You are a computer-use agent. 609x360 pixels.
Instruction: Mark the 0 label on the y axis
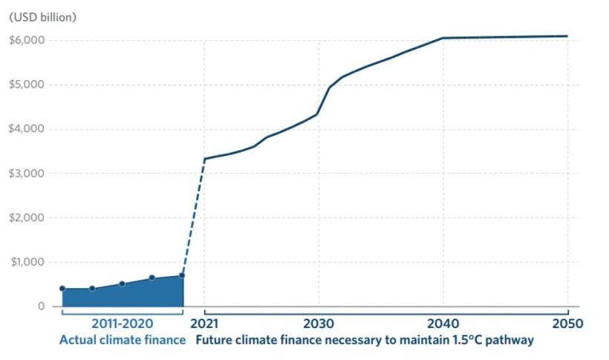click(41, 307)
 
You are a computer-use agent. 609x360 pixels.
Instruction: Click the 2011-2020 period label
click(123, 324)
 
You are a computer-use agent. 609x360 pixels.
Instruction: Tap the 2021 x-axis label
click(203, 324)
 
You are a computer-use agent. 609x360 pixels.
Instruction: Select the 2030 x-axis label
click(319, 324)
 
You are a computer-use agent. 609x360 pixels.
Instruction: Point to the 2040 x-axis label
click(443, 324)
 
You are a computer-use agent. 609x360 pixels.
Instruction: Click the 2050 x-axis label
click(567, 324)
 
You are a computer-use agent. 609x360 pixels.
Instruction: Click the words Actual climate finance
click(122, 341)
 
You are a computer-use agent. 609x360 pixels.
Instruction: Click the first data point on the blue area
click(62, 288)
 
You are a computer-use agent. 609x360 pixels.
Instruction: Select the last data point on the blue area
click(182, 276)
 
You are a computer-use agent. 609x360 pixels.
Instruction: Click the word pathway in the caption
click(511, 341)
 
